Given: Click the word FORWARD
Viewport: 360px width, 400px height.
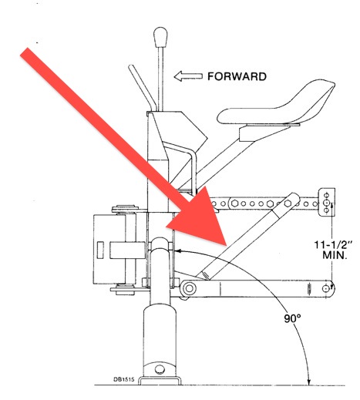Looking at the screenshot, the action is pos(237,76).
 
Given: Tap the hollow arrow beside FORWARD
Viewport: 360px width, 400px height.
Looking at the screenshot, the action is pos(188,76).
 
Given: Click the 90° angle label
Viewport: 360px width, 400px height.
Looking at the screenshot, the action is pos(292,318).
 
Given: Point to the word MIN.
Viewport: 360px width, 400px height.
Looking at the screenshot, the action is pos(335,255).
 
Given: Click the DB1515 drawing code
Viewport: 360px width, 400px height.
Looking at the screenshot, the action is pos(124,379).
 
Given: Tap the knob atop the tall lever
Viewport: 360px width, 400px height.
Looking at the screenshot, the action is pos(160,37).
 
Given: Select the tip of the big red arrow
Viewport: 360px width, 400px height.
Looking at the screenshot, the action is pos(226,245).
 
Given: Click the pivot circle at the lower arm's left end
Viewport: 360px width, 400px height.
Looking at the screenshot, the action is pos(190,288).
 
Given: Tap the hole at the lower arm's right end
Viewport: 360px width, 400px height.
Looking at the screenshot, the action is pos(326,288).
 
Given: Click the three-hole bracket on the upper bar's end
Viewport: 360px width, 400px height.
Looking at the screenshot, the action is pos(327,202).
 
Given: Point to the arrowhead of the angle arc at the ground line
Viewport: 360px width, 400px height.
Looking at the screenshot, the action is pos(309,382).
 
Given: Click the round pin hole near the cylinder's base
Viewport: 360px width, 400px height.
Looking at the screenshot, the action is pos(160,369).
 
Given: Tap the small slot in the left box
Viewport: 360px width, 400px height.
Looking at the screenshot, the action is pos(100,250).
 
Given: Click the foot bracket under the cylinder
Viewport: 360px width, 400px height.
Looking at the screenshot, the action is pos(160,381).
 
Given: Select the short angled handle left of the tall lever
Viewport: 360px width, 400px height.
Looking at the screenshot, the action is pos(143,88).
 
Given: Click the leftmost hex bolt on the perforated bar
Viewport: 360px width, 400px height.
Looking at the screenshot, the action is pos(234,203).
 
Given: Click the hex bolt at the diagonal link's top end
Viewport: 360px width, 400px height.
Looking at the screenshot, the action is pos(288,203).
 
